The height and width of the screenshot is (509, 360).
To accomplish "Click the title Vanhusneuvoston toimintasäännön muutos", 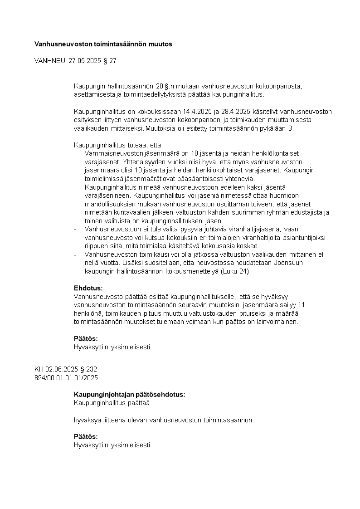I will [x=103, y=44].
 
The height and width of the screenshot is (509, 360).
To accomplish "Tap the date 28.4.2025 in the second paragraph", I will [x=236, y=112].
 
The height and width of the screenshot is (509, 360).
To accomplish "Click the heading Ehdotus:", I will [x=88, y=288].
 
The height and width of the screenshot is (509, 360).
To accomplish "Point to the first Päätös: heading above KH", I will [x=86, y=339].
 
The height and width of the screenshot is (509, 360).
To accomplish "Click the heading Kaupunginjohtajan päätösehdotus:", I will [x=129, y=395].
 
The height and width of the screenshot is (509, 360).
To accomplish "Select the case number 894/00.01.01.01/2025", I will [x=66, y=377].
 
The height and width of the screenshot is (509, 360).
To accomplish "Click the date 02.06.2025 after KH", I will [x=62, y=369].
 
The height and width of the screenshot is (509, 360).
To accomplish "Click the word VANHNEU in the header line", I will [x=50, y=60].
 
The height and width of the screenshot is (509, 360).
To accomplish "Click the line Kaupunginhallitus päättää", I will [x=112, y=403].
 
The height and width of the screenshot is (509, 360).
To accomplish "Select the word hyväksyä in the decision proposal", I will [x=86, y=420].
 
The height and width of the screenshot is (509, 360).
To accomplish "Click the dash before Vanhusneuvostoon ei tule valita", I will [x=76, y=229].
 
